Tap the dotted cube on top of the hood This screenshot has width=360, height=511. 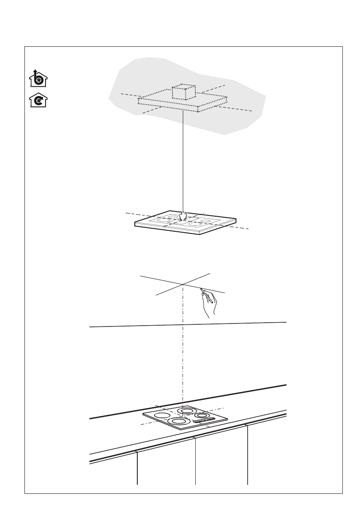(x=183, y=92)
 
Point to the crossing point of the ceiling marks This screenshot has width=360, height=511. (x=183, y=284)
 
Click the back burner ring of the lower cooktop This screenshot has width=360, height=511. (x=187, y=411)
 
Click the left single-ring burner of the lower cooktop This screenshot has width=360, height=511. (x=161, y=416)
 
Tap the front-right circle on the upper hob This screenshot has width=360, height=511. (x=195, y=224)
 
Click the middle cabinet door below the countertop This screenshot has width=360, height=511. (x=221, y=459)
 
